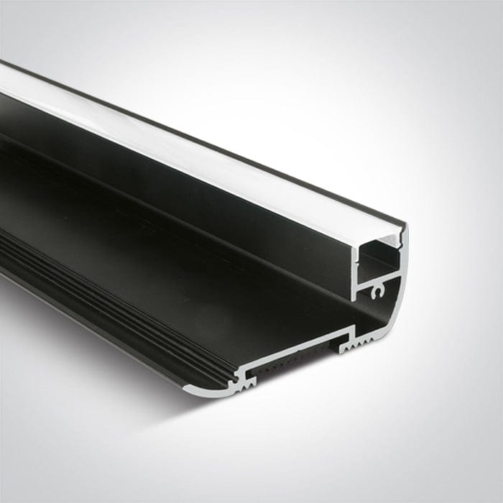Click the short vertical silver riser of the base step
point(352,333)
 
